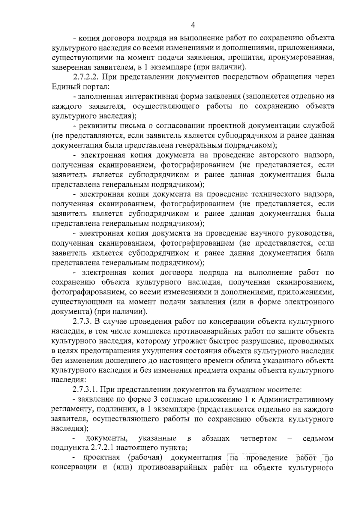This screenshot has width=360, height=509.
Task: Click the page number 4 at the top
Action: pos(193,25)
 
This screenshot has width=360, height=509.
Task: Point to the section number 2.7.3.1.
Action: pos(85,390)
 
